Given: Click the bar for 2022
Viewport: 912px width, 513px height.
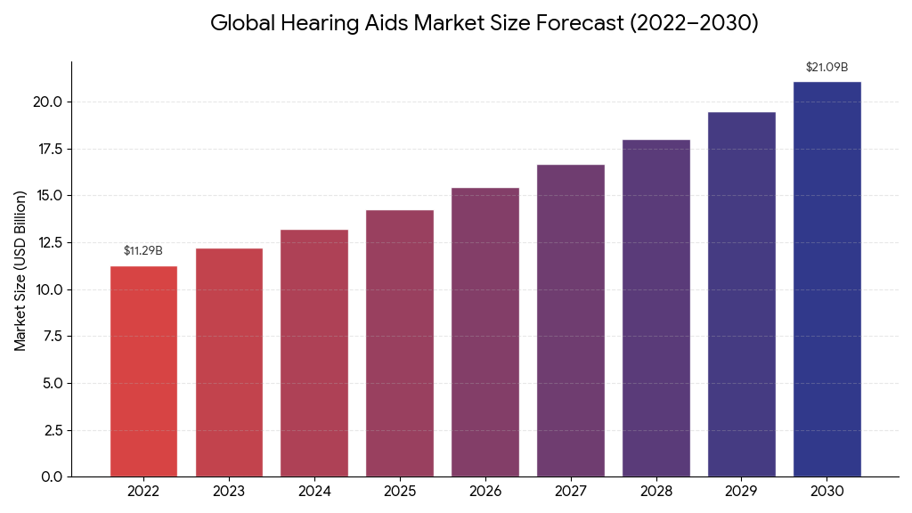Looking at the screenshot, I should tap(143, 371).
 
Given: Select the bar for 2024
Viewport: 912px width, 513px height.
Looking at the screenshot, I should tap(314, 353).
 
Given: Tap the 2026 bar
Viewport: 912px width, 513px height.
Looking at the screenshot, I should tap(485, 332).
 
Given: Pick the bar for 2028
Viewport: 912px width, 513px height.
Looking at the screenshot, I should tap(655, 308).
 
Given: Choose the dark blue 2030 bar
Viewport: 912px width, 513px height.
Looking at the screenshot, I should tap(826, 279).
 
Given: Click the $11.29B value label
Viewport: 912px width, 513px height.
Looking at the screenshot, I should tap(143, 251).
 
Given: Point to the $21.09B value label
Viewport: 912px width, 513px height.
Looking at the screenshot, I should tap(826, 68).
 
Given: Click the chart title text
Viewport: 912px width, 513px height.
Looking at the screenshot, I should tap(484, 23).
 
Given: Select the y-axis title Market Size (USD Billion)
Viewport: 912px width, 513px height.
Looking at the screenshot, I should tap(20, 271).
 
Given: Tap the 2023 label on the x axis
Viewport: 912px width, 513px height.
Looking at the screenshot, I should tap(229, 491).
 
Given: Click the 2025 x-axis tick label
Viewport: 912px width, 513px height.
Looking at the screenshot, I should tap(400, 491).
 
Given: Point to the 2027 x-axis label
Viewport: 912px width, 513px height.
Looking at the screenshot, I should tap(570, 491).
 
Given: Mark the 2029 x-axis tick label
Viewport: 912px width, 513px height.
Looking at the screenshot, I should tap(741, 491).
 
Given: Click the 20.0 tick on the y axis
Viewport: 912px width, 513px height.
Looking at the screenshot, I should tap(47, 102).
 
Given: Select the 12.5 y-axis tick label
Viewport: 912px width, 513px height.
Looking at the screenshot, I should tap(47, 242).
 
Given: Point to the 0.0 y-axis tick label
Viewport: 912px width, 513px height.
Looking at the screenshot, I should tap(51, 477).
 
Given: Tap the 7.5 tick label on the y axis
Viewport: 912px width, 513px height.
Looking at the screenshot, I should tap(51, 337).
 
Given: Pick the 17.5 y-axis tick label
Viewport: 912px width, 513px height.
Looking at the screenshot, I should tap(47, 149).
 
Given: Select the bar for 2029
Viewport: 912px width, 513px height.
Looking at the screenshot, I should tap(741, 294).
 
